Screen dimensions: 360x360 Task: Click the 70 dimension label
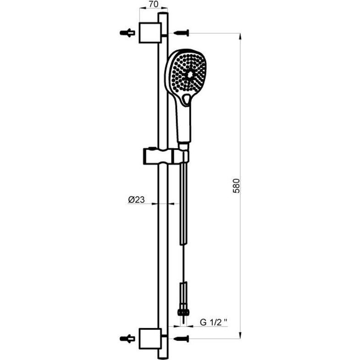154,4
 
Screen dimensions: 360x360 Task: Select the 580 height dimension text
236,186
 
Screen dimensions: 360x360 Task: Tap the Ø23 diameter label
136,199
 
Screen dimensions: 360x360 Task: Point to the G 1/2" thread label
214,322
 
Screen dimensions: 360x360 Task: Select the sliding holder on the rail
166,156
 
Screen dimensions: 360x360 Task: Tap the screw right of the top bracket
182,33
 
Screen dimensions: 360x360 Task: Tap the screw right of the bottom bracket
182,338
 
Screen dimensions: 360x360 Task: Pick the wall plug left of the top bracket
127,33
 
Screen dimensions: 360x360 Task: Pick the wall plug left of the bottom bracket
127,338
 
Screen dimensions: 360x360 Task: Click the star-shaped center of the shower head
190,75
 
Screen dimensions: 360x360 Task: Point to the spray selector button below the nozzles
186,99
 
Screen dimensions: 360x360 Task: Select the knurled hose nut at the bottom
183,312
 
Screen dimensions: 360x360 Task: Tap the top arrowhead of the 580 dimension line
240,36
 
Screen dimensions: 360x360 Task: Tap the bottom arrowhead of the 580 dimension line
240,335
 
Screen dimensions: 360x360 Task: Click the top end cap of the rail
163,14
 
